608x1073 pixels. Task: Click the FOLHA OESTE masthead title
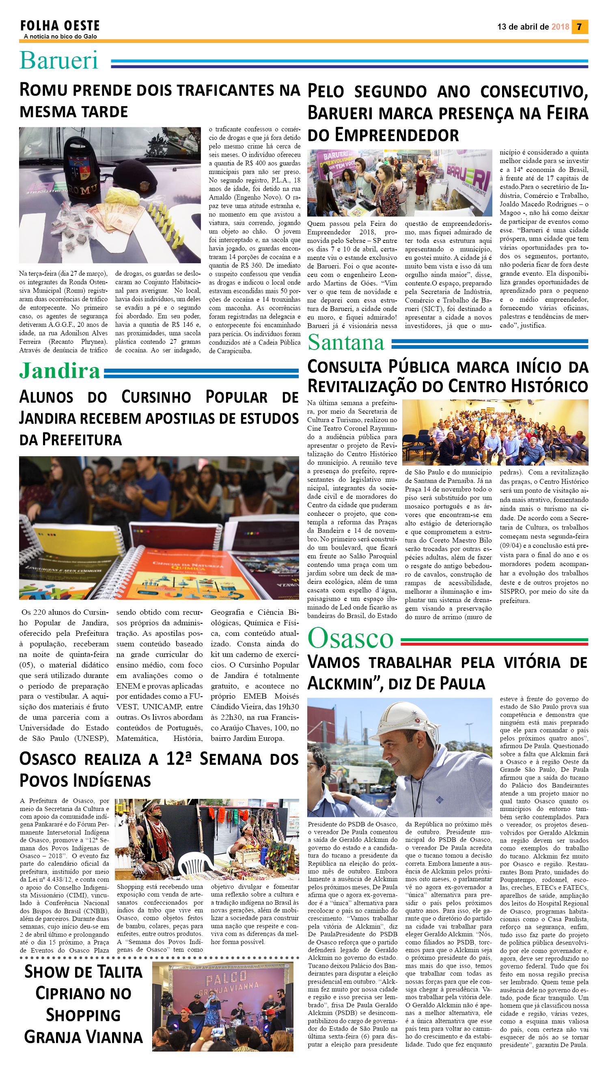[x=60, y=26]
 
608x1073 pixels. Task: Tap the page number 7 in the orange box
[x=579, y=27]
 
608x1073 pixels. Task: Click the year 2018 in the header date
[x=560, y=27]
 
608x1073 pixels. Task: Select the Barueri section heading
[x=58, y=60]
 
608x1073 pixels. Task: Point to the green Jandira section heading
[x=60, y=371]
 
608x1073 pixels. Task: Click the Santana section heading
[x=346, y=343]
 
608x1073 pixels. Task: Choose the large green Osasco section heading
[x=350, y=638]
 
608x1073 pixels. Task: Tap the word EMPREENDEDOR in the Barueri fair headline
[x=396, y=135]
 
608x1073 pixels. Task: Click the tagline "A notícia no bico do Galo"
[x=60, y=36]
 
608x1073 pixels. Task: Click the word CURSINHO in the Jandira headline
[x=156, y=397]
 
